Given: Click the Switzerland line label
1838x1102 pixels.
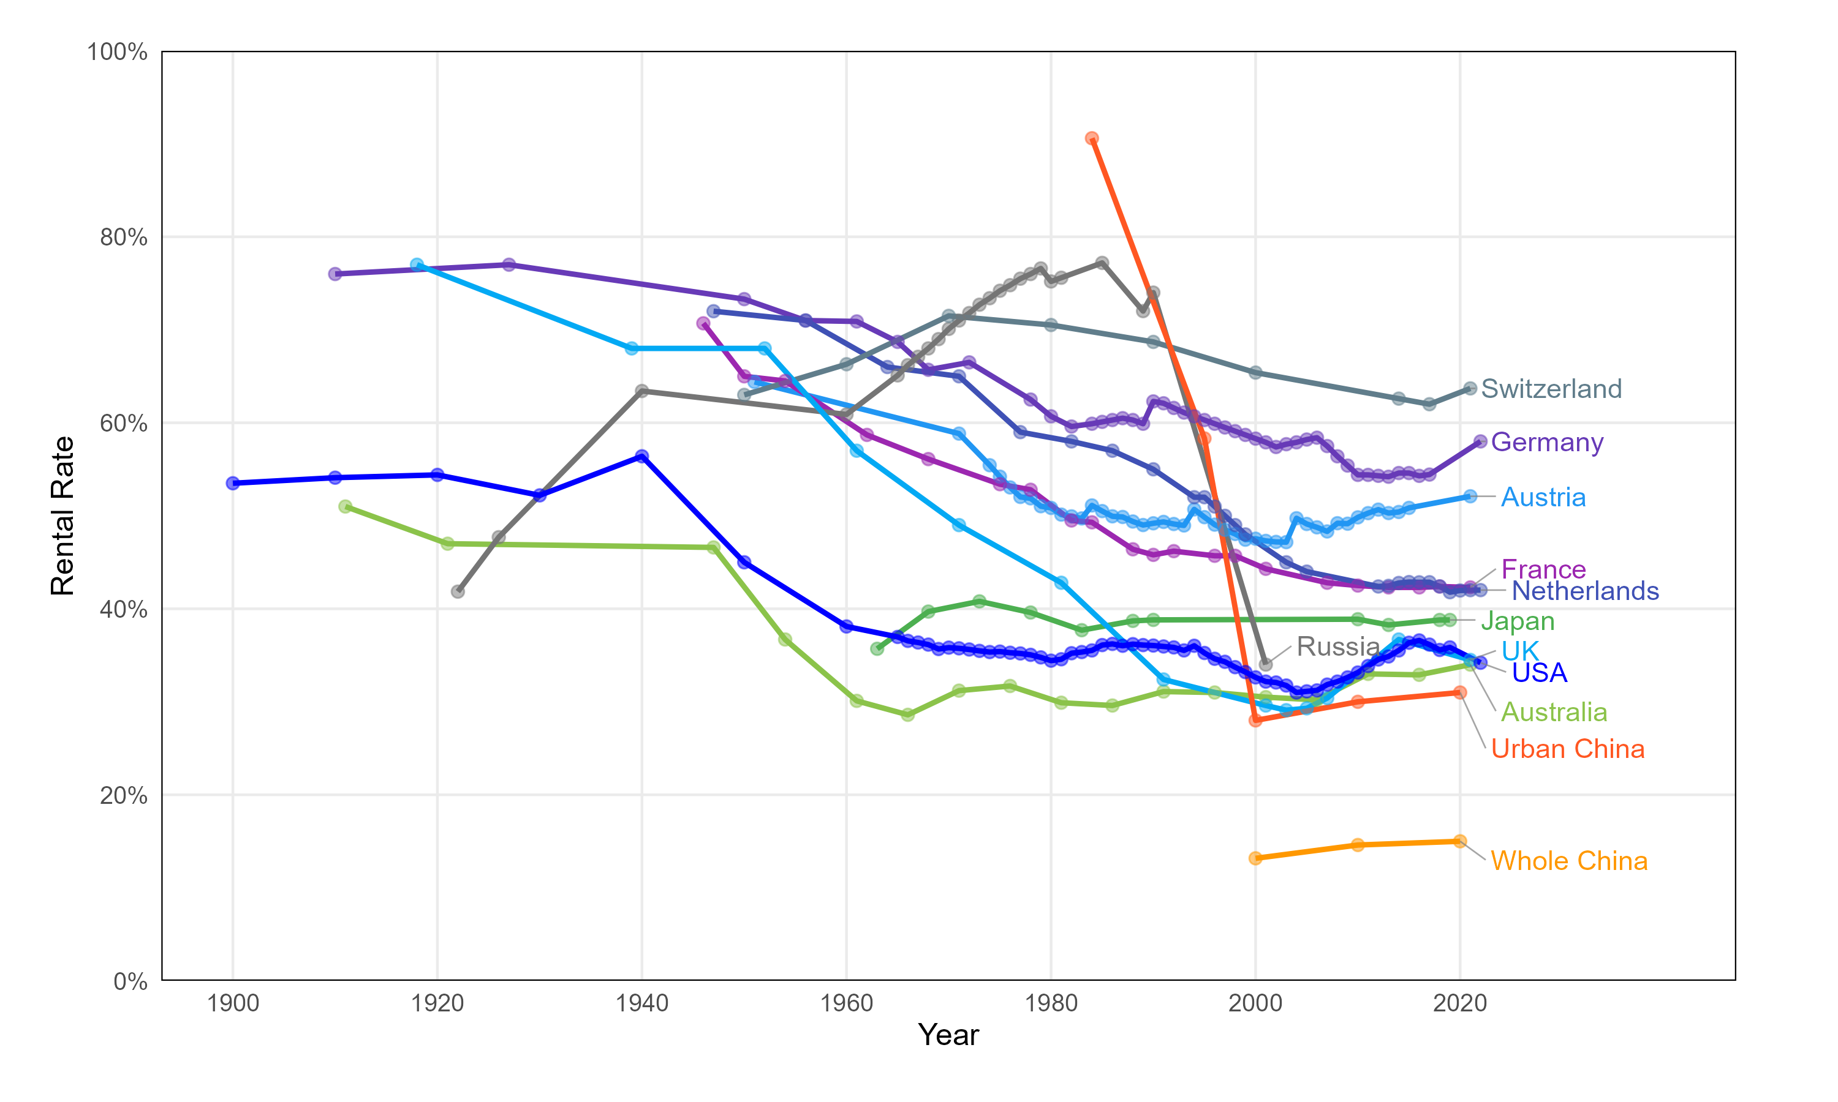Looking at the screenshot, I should pyautogui.click(x=1551, y=388).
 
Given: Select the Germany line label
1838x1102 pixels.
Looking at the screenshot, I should pyautogui.click(x=1547, y=442).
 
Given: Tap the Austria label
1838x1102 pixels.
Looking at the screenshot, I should pyautogui.click(x=1543, y=497).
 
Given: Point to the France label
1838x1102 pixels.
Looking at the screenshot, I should pyautogui.click(x=1543, y=569).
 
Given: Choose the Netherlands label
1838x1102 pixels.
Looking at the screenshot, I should pyautogui.click(x=1584, y=590).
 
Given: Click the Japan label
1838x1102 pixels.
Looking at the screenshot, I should pyautogui.click(x=1517, y=621).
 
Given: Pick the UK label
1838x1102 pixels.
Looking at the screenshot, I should pyautogui.click(x=1520, y=651).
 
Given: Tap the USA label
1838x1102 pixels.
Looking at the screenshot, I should pyautogui.click(x=1540, y=672).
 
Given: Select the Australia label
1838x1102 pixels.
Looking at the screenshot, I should pyautogui.click(x=1554, y=711).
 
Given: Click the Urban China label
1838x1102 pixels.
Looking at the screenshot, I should pyautogui.click(x=1568, y=749).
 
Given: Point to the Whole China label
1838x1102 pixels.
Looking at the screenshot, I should pyautogui.click(x=1568, y=861).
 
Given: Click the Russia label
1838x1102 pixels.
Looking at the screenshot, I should pyautogui.click(x=1337, y=646).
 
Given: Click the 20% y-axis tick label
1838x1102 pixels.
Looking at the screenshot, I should pyautogui.click(x=123, y=795).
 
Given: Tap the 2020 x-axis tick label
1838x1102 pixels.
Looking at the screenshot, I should pyautogui.click(x=1460, y=1003).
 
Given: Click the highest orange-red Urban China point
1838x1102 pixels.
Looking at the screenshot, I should pyautogui.click(x=1091, y=138).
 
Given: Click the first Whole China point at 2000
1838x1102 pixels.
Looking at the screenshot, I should pyautogui.click(x=1255, y=858).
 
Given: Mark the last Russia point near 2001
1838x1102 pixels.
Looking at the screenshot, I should pyautogui.click(x=1266, y=664).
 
